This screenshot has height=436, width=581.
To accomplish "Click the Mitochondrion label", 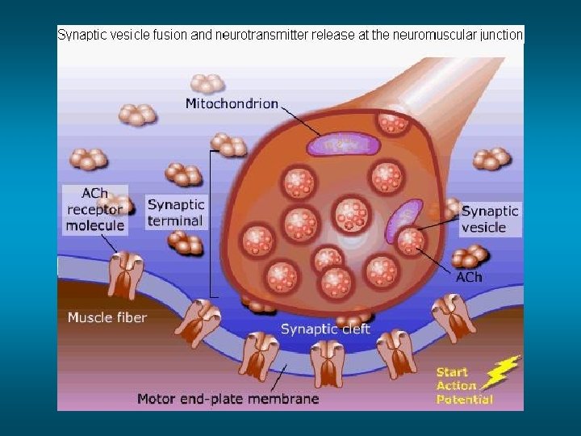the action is pos(232,103).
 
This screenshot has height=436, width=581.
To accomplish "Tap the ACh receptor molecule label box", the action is pos(96,210).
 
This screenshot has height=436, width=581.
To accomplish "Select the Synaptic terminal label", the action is pos(176,212).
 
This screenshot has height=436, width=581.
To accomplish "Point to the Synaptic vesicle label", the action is pos(490,219).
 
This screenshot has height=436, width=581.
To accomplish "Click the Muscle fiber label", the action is pos(107,317).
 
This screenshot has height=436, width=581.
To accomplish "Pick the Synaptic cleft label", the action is pos(325,329).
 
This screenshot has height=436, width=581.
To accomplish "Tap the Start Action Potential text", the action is pos(464,386).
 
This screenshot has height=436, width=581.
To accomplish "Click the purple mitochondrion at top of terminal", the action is pos(343,145).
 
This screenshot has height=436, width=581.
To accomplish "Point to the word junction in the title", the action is pos(501,35).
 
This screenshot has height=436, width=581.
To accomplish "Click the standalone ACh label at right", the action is pos(469,277).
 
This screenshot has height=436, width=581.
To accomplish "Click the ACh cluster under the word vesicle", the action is pos(469,256).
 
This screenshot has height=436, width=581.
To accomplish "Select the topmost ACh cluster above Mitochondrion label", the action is pos(208,82).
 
